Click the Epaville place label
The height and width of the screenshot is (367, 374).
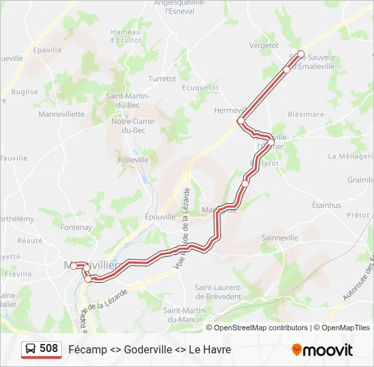click(x=47, y=50)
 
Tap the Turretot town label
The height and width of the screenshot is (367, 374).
click(x=162, y=79)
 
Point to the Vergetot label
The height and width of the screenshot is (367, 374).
click(x=264, y=46)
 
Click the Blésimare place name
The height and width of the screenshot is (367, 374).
click(x=306, y=114)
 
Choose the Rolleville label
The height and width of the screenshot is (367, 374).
click(x=133, y=160)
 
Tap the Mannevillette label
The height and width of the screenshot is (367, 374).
click(x=61, y=114)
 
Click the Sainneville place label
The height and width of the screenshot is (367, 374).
click(x=280, y=238)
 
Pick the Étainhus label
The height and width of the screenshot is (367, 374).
click(x=326, y=205)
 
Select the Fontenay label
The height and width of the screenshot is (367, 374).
click(x=76, y=227)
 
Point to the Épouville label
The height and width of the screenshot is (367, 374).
click(x=160, y=217)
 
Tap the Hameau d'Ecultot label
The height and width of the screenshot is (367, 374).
click(x=126, y=36)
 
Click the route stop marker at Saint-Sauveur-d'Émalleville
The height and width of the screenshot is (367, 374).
click(x=301, y=54)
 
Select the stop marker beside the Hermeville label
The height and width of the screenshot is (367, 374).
click(x=241, y=120)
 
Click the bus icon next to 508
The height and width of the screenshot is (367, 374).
click(x=31, y=349)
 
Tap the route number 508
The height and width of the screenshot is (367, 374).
click(x=49, y=349)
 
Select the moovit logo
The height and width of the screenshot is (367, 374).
click(x=322, y=350)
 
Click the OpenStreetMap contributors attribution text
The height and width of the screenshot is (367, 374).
click(x=260, y=328)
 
